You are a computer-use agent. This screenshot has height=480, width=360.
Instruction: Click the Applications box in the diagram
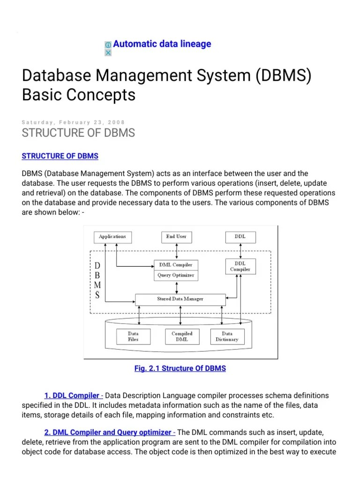pyautogui.click(x=112, y=237)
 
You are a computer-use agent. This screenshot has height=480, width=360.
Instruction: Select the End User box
pyautogui.click(x=176, y=237)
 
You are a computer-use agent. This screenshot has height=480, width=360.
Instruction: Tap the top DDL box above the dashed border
pyautogui.click(x=240, y=237)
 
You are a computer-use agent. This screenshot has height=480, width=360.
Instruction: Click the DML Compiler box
pyautogui.click(x=176, y=265)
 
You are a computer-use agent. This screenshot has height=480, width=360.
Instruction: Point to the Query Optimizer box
pyautogui.click(x=176, y=275)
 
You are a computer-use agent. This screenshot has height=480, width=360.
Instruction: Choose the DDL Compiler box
pyautogui.click(x=240, y=266)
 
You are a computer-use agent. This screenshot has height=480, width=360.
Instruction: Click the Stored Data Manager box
pyautogui.click(x=180, y=299)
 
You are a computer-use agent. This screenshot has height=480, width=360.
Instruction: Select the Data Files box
pyautogui.click(x=133, y=336)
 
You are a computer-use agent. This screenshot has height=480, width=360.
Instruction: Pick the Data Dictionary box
pyautogui.click(x=227, y=336)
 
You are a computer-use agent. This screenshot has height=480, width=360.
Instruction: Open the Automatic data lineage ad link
pyautogui.click(x=162, y=44)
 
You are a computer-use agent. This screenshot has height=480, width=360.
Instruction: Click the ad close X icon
pyautogui.click(x=108, y=52)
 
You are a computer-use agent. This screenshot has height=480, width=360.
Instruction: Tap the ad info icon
pyautogui.click(x=108, y=45)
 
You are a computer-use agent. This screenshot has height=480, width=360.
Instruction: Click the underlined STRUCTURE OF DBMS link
pyautogui.click(x=60, y=156)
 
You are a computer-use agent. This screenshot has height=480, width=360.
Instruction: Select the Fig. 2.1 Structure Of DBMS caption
pyautogui.click(x=180, y=368)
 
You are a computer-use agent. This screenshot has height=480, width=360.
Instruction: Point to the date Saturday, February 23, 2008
pyautogui.click(x=74, y=122)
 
